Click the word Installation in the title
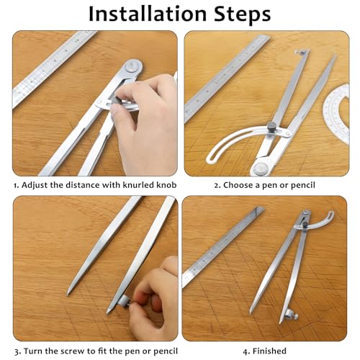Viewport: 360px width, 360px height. pyautogui.click(x=148, y=14)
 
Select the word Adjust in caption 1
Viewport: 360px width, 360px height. pyautogui.click(x=35, y=186)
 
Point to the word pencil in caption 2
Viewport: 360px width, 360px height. pyautogui.click(x=303, y=186)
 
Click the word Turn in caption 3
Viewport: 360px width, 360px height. pyautogui.click(x=33, y=351)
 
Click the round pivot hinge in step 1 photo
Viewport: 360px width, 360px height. pyautogui.click(x=133, y=66)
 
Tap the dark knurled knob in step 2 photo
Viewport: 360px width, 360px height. pyautogui.click(x=271, y=126)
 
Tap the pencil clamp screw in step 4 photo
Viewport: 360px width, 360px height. pyautogui.click(x=292, y=315)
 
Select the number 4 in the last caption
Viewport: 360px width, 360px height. pyautogui.click(x=245, y=351)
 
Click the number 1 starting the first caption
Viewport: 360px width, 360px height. pyautogui.click(x=15, y=186)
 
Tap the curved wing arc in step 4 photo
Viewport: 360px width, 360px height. pyautogui.click(x=323, y=220)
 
